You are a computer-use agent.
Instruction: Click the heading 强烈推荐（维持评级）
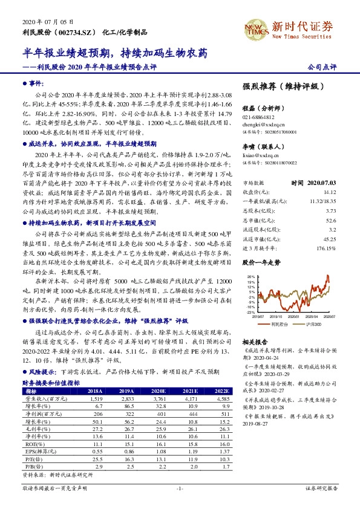pos(281,88)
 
